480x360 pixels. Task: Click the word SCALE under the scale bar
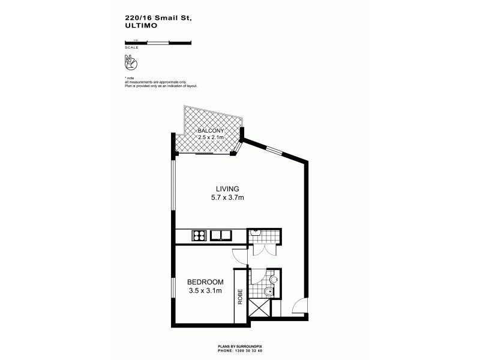tap(130, 47)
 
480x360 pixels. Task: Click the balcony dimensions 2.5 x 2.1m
tap(211, 137)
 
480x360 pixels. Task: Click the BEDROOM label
tap(205, 282)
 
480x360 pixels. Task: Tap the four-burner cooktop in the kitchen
tap(199, 235)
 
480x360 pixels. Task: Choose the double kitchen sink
tap(223, 235)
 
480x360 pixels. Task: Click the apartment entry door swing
tap(297, 307)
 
